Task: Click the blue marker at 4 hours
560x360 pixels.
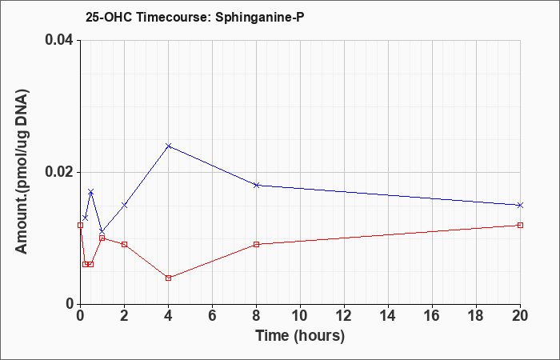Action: [169, 146]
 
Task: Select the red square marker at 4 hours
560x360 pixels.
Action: [169, 278]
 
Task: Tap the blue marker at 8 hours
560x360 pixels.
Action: [257, 185]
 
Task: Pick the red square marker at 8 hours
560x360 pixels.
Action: [257, 244]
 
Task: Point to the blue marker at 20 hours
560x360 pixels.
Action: [520, 205]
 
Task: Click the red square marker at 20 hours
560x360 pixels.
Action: [520, 225]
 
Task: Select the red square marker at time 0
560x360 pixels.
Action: [80, 225]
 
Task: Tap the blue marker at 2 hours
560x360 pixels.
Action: [124, 205]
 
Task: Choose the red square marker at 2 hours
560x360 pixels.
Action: [124, 244]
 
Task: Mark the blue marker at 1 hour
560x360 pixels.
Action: [102, 231]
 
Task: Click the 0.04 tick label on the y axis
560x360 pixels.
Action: [59, 40]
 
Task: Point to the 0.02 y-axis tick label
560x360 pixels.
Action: [59, 172]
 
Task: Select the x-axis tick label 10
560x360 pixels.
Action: [300, 316]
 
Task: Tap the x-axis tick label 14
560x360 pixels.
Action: [388, 316]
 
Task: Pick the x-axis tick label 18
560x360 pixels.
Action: [476, 316]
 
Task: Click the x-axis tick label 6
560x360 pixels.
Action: [212, 316]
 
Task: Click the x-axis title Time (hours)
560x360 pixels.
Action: [300, 336]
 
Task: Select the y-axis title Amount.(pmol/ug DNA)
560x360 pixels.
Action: [22, 172]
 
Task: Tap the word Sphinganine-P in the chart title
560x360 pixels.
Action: [260, 18]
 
